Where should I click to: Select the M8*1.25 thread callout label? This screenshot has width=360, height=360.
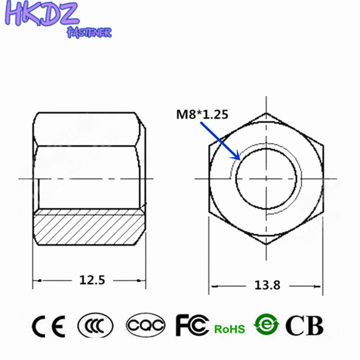pyautogui.click(x=202, y=115)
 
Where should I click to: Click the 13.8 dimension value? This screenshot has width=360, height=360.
pyautogui.click(x=267, y=285)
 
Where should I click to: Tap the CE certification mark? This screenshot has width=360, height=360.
pyautogui.click(x=48, y=325)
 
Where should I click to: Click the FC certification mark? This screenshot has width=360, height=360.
pyautogui.click(x=192, y=325)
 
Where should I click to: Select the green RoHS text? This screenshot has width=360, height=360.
pyautogui.click(x=229, y=329)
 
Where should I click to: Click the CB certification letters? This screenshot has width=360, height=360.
pyautogui.click(x=304, y=325)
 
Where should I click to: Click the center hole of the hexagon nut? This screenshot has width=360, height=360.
pyautogui.click(x=266, y=178)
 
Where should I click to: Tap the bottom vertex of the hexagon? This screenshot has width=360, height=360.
pyautogui.click(x=266, y=244)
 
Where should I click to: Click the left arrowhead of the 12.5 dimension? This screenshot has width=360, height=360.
pyautogui.click(x=36, y=280)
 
